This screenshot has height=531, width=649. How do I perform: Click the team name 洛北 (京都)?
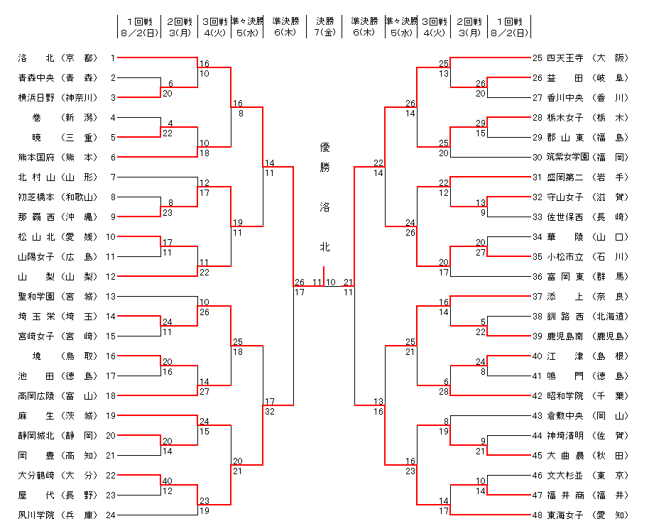[57, 58]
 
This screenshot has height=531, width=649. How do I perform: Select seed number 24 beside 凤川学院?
[111, 515]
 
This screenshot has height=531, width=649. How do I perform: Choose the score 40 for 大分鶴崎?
[168, 481]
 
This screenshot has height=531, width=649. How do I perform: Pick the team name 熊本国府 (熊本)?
[57, 157]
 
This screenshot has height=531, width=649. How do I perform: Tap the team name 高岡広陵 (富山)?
[57, 395]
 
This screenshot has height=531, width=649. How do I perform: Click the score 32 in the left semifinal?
[270, 411]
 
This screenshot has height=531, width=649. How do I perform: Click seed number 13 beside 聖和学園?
[111, 296]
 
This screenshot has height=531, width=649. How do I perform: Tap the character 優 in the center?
[324, 148]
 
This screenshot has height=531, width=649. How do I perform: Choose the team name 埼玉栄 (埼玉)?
[57, 316]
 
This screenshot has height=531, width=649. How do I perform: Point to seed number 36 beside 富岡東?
[538, 276]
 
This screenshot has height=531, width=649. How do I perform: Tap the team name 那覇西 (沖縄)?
[57, 217]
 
